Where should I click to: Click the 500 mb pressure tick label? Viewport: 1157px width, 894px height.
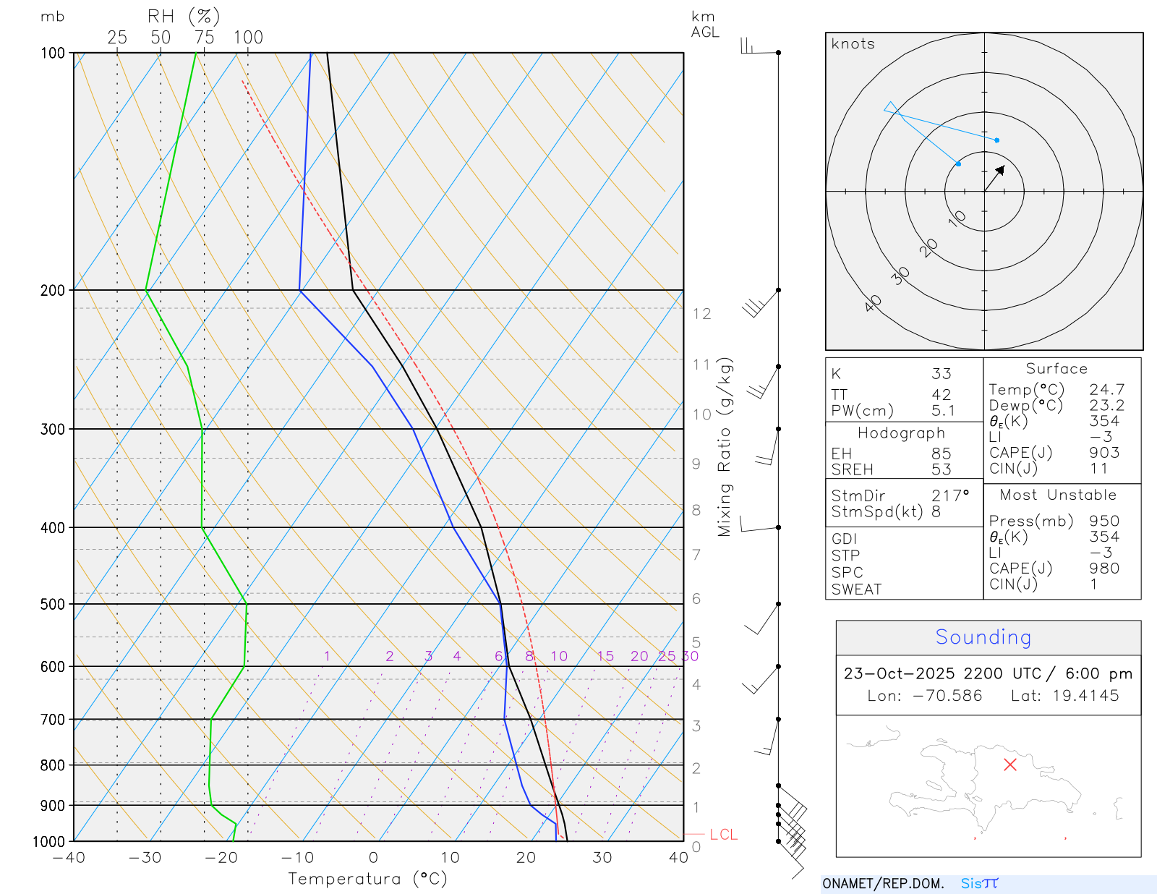point(53,604)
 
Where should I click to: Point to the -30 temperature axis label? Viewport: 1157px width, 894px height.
point(145,858)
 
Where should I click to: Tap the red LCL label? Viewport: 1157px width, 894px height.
point(723,835)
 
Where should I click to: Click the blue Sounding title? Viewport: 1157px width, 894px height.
point(983,637)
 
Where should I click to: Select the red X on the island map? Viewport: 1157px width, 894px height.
point(1010,765)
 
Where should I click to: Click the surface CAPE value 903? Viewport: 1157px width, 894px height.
point(1104,453)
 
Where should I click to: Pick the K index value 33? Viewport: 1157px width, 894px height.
point(941,374)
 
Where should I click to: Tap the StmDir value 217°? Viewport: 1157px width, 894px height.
point(949,496)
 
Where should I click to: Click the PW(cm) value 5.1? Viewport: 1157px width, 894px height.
point(943,411)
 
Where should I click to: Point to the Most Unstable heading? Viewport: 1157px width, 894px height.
point(1058,495)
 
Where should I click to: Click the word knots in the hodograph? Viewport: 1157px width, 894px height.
point(853,44)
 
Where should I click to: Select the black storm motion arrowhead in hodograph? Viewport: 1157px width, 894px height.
point(1000,171)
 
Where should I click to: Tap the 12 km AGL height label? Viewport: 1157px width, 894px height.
point(701,314)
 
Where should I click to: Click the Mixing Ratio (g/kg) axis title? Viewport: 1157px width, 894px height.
point(725,447)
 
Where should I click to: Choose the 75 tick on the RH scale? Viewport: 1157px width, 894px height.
point(204,38)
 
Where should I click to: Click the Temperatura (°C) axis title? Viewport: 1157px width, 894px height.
point(367,879)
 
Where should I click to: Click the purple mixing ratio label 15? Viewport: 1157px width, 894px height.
point(605,656)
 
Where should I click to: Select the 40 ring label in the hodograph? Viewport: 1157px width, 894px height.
point(874,303)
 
